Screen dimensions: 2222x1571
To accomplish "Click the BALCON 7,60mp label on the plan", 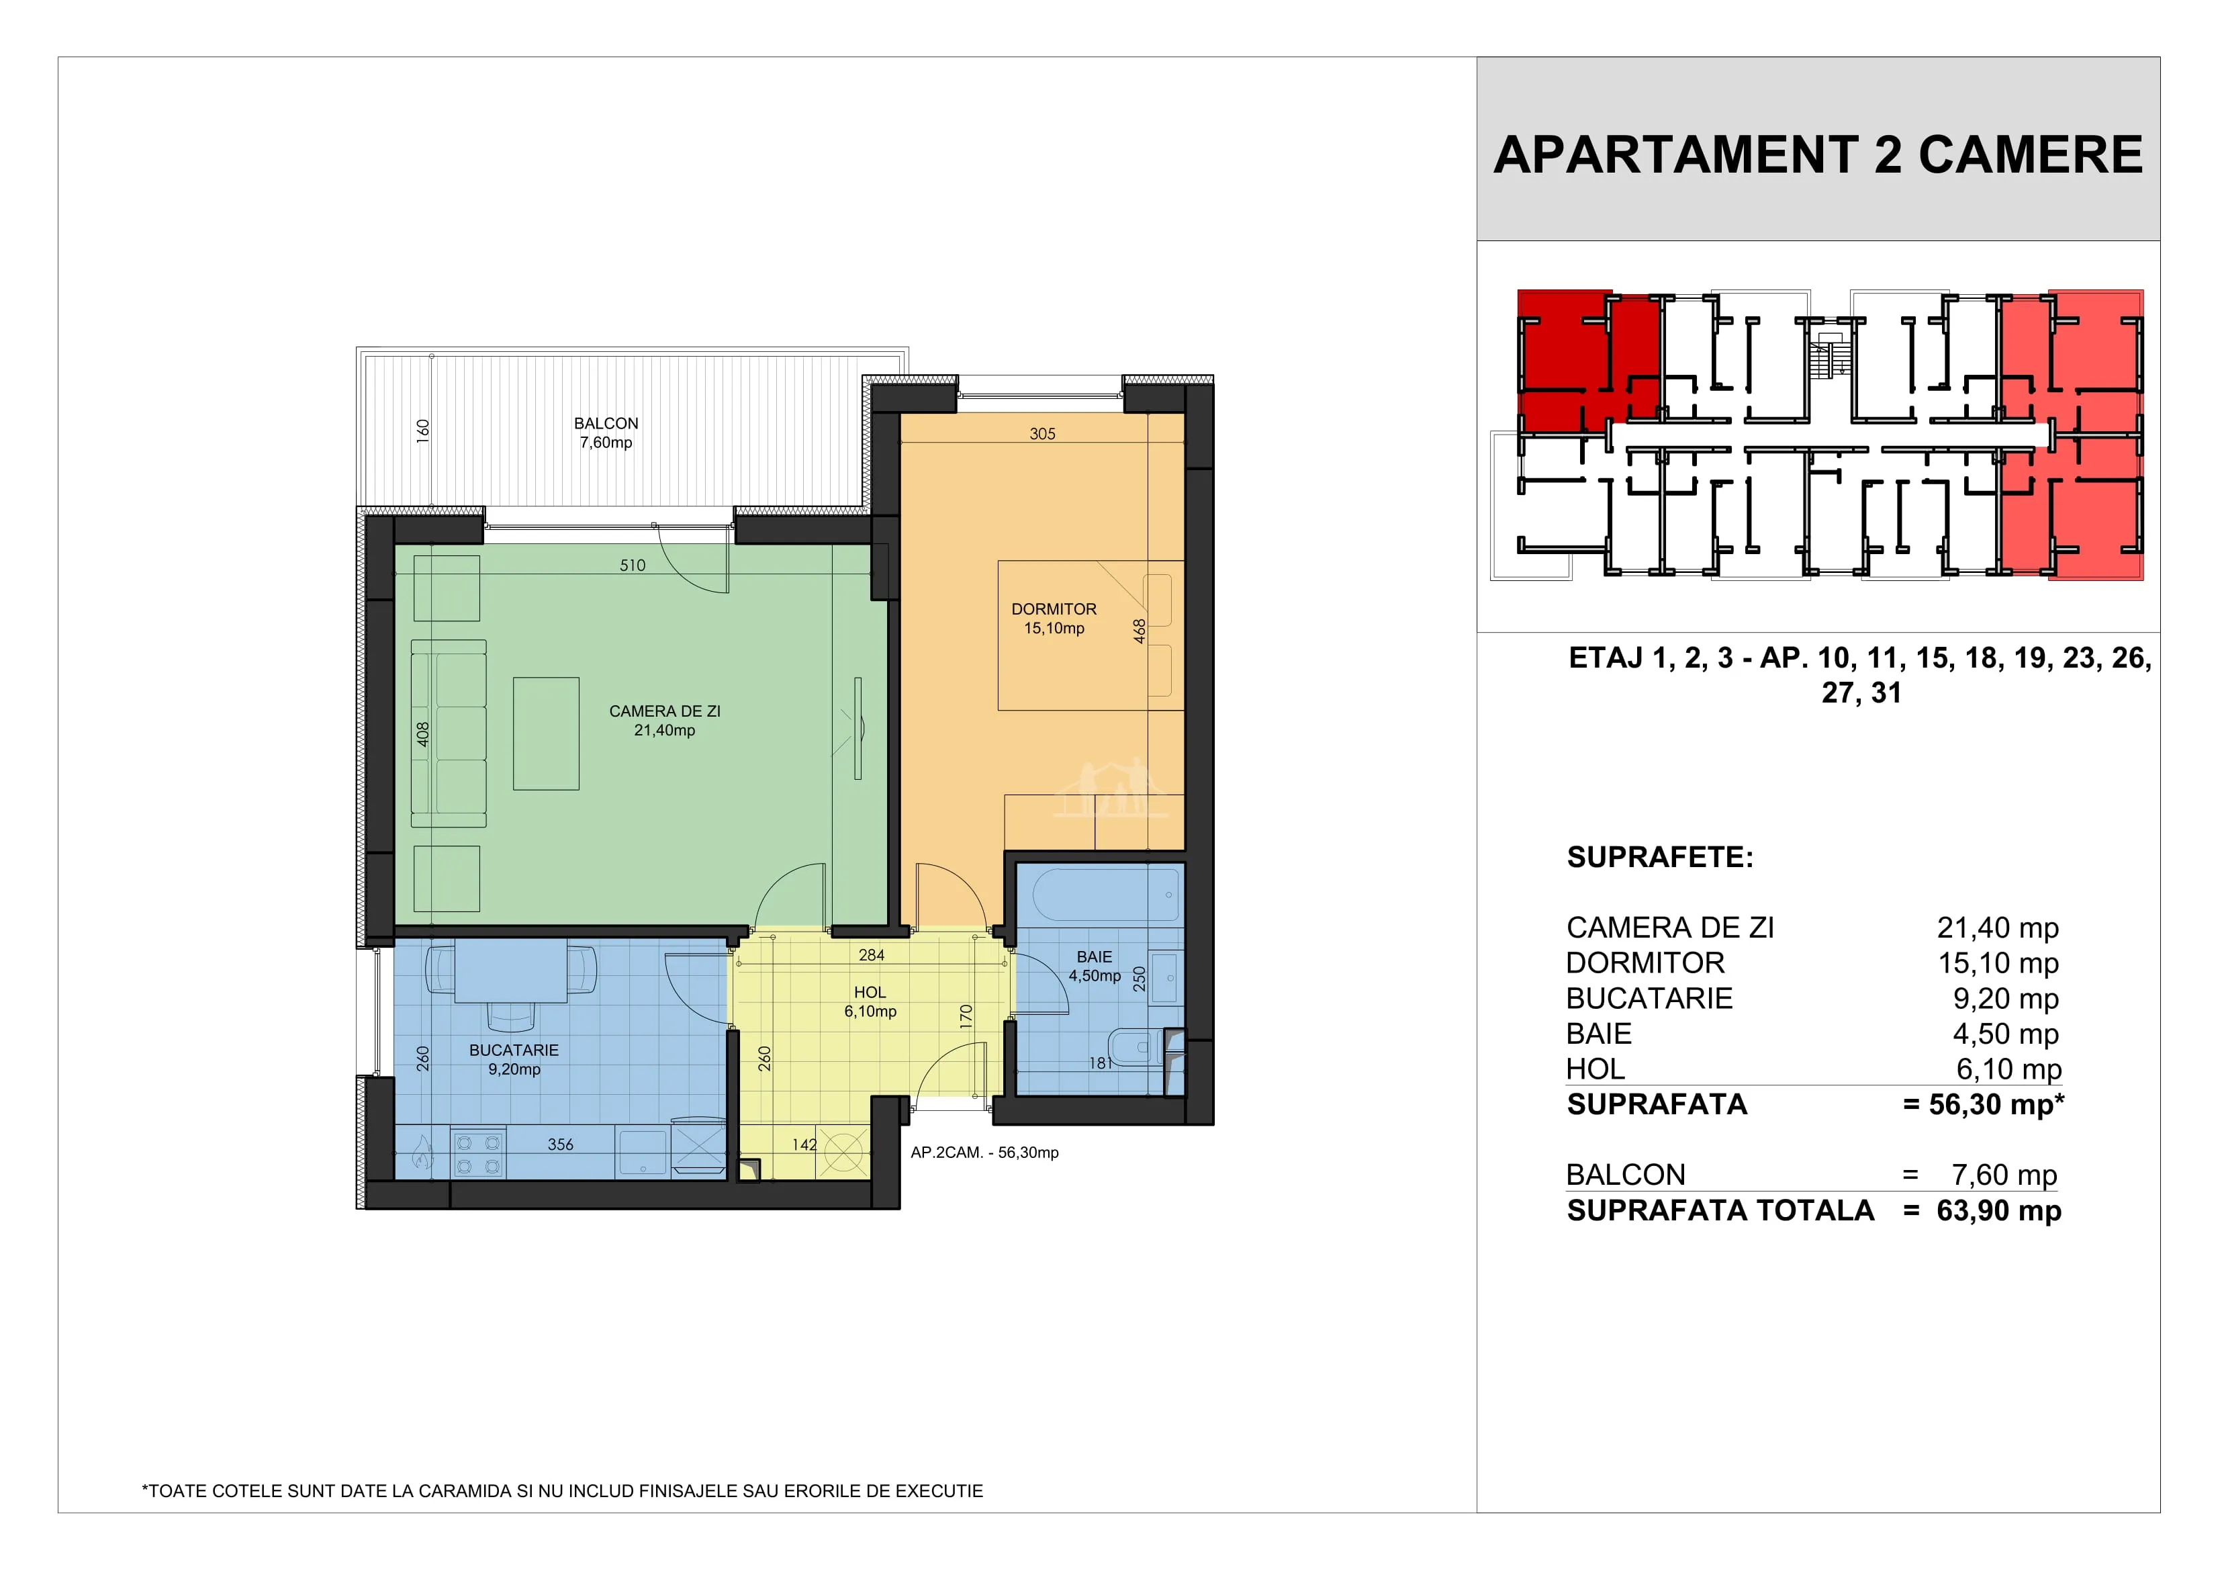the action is [606, 433].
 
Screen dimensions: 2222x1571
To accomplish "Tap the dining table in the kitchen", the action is [511, 972].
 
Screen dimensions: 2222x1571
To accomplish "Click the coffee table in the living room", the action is [546, 733].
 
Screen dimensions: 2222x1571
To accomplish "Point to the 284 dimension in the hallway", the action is [871, 955].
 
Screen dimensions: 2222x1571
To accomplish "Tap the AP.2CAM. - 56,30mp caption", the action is [984, 1153].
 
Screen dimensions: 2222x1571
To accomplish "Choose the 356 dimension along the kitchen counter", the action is [560, 1144].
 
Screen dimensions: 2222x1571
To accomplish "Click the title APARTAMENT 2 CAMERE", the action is [1818, 155].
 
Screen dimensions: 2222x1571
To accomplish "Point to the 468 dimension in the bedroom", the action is [1140, 631].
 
